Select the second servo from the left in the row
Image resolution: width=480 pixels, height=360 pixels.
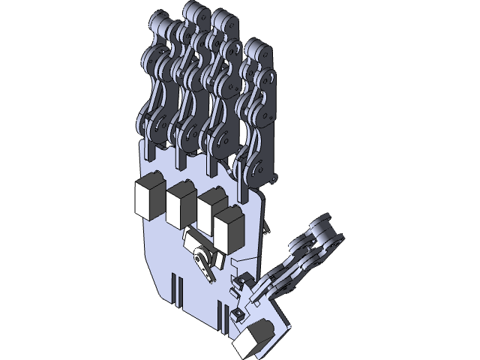[181, 206]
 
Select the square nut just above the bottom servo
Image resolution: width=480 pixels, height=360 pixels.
[237, 313]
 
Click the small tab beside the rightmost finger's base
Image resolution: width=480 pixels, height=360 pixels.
[274, 180]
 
